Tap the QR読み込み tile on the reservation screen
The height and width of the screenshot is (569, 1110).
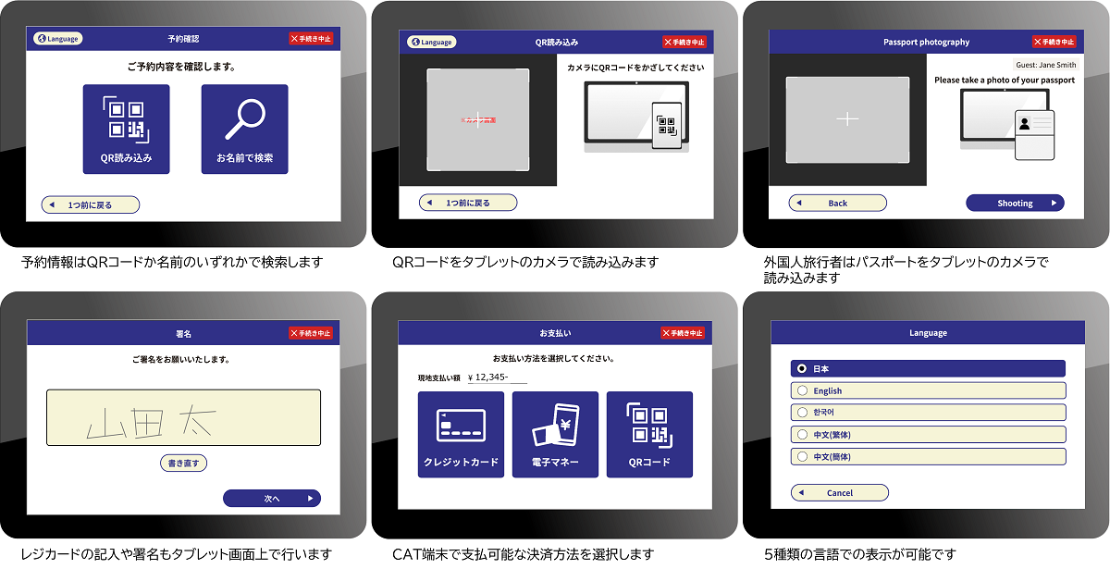(126, 129)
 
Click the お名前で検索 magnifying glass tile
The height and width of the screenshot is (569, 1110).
(244, 129)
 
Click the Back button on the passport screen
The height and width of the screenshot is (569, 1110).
(837, 203)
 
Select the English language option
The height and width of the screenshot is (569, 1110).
(928, 390)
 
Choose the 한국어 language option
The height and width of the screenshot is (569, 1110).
(928, 413)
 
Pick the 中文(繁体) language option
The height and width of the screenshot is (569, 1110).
(928, 435)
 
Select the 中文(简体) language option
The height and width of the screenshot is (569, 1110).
(928, 457)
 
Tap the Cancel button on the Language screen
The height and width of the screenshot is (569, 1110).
(839, 493)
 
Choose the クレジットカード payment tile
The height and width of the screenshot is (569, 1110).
(461, 434)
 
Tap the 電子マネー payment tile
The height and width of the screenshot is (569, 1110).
(555, 434)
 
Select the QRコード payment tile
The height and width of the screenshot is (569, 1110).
(649, 434)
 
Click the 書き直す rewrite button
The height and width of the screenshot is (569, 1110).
(183, 463)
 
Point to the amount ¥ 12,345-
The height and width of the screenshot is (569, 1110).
(498, 377)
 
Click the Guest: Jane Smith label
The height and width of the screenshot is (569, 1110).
(1045, 66)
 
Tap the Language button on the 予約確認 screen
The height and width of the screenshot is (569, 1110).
(58, 39)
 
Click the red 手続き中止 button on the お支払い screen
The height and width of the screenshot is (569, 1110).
(683, 333)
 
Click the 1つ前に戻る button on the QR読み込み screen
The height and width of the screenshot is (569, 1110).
(467, 203)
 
